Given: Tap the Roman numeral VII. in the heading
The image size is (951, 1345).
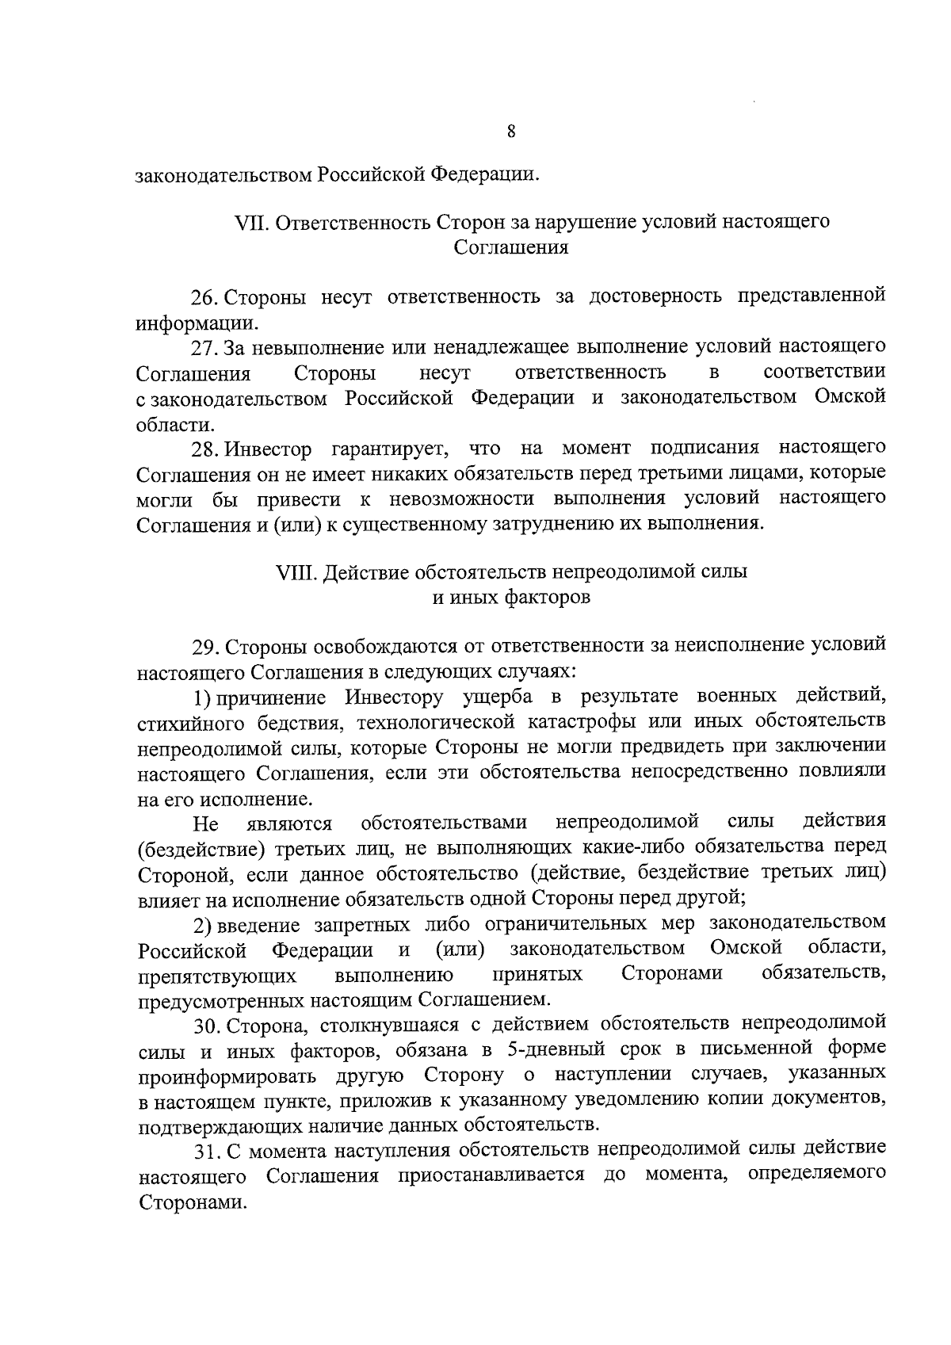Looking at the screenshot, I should coord(253,222).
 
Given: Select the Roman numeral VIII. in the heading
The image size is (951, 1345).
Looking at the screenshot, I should coord(296,571).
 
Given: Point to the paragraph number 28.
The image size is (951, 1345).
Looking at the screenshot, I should coord(206,449).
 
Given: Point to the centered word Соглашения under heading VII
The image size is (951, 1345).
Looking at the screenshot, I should coord(511,247).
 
